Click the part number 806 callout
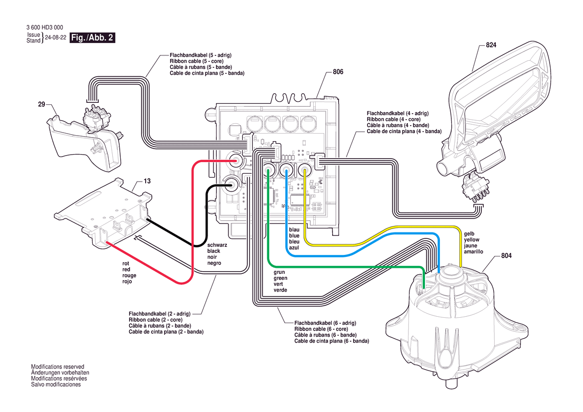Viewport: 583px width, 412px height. click(338, 72)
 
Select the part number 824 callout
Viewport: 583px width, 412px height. click(491, 45)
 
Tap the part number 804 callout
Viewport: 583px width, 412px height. click(506, 256)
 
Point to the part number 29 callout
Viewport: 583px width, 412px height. click(41, 105)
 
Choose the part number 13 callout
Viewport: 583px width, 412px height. click(147, 182)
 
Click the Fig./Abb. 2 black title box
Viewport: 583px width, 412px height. click(93, 38)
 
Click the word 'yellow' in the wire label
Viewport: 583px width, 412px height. click(472, 240)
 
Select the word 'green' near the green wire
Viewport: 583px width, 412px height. click(280, 278)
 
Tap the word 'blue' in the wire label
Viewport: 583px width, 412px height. click(294, 235)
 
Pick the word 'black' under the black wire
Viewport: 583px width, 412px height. click(214, 251)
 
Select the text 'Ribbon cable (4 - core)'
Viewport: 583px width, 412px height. click(393, 120)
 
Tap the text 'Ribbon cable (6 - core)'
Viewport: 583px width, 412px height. click(321, 329)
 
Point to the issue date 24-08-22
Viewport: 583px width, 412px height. click(55, 38)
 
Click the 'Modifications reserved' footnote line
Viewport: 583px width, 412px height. click(57, 367)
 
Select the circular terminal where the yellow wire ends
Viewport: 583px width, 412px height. click(304, 170)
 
